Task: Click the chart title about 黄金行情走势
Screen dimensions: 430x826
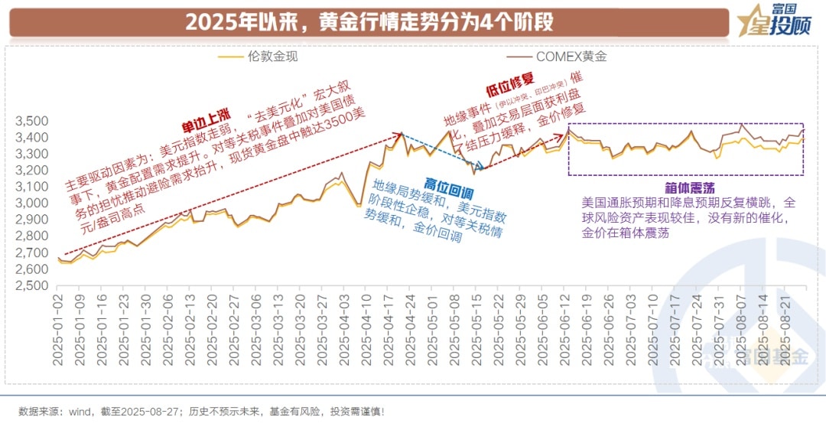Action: [369, 22]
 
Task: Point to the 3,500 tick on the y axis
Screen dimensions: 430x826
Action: [31, 121]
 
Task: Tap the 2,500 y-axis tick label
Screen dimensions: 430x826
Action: [31, 285]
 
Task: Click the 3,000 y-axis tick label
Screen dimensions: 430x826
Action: [31, 203]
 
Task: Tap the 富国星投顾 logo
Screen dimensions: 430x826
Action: [773, 21]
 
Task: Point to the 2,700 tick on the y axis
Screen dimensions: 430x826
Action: [31, 252]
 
